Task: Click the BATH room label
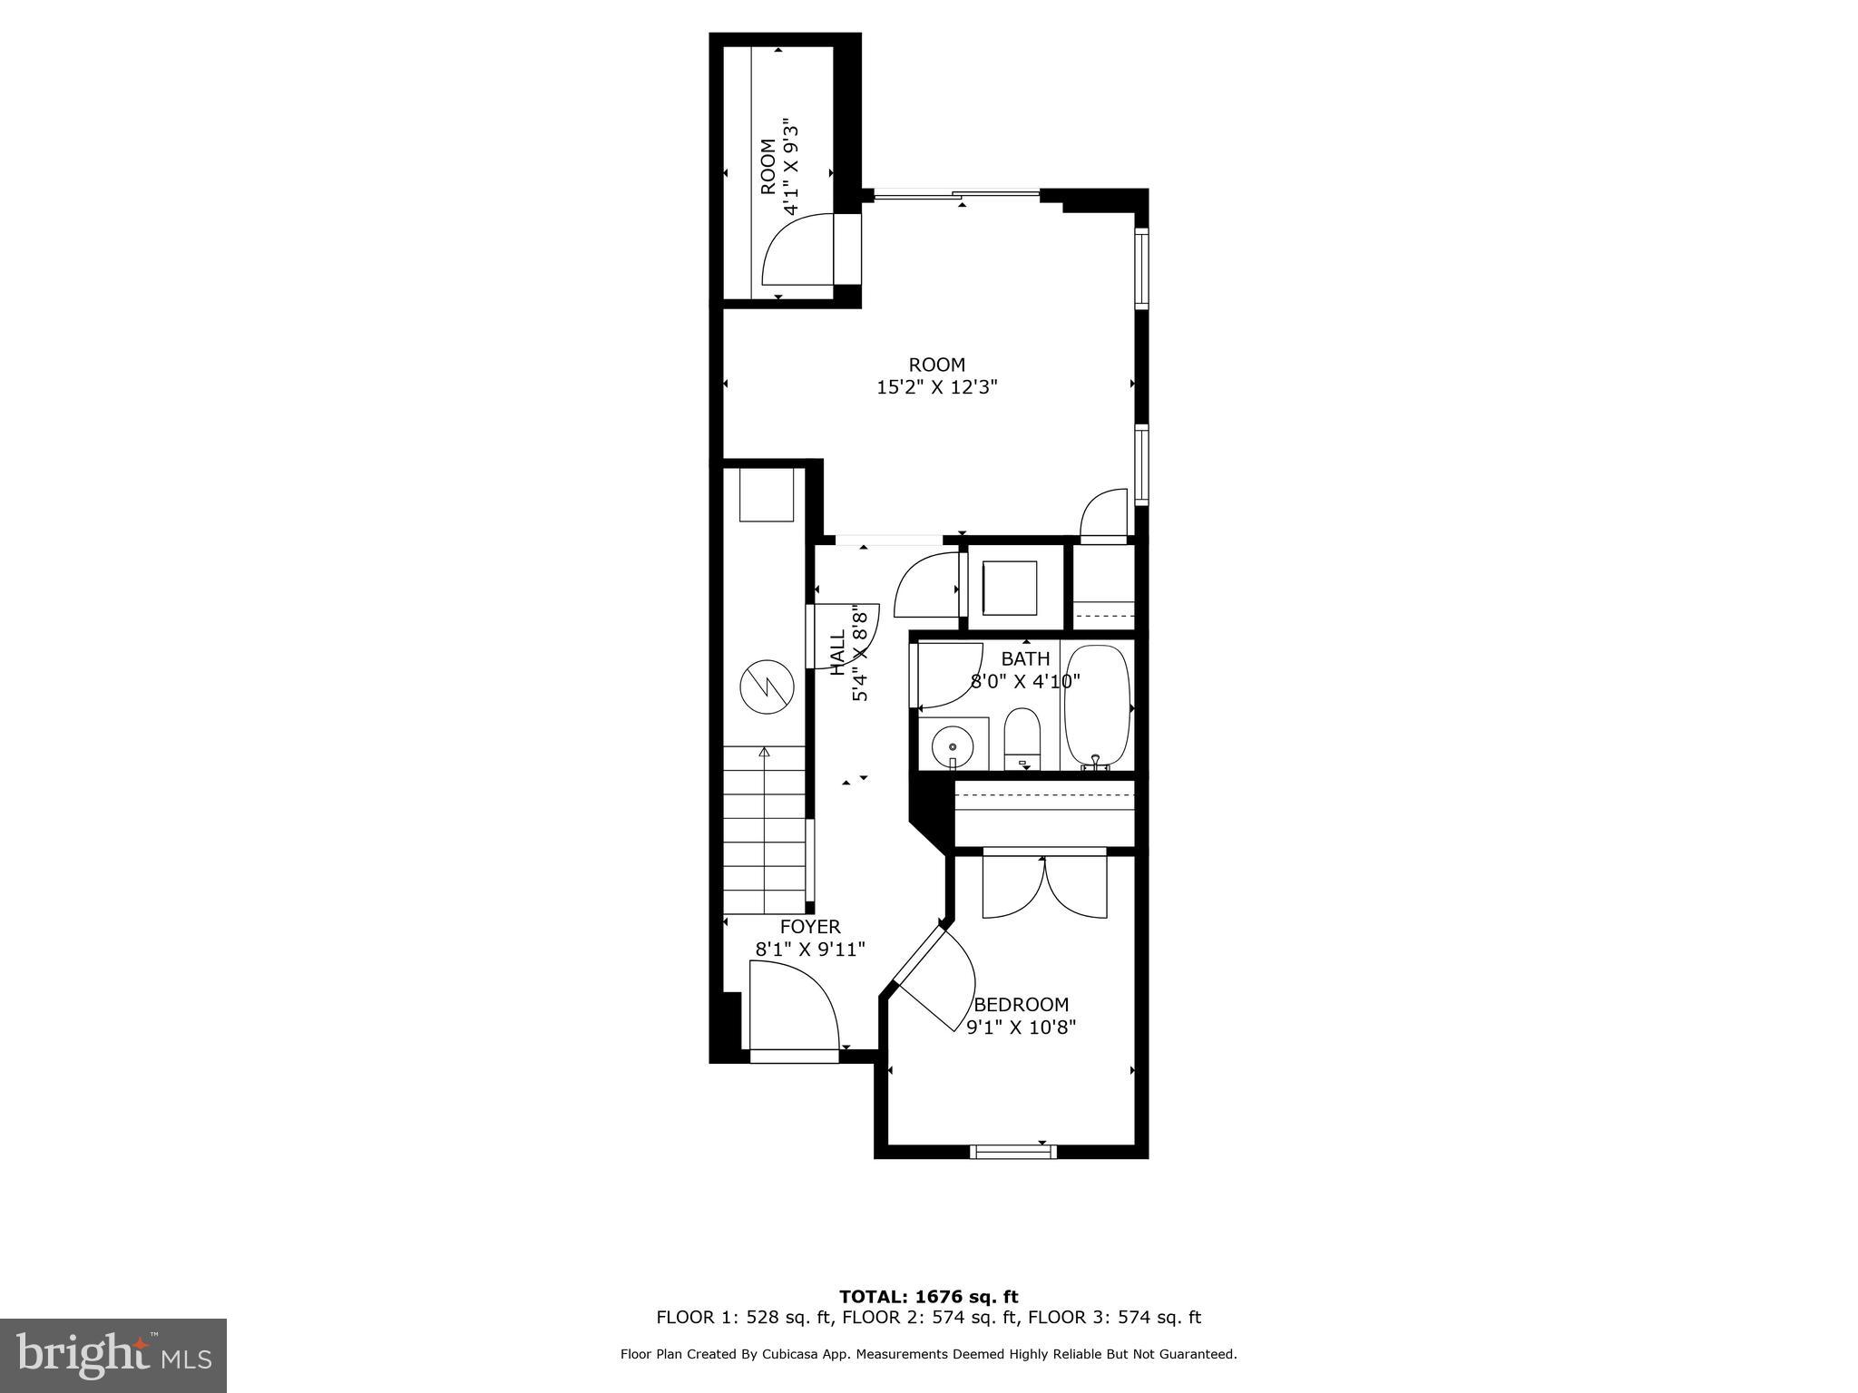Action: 1025,658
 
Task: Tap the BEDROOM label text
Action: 1021,1005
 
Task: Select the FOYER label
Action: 810,927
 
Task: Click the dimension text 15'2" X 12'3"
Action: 936,388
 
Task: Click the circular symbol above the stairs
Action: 767,686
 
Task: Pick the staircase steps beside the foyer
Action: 764,830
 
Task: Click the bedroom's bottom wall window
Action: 1012,1152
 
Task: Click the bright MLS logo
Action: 113,1356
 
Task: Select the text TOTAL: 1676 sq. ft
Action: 928,1297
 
